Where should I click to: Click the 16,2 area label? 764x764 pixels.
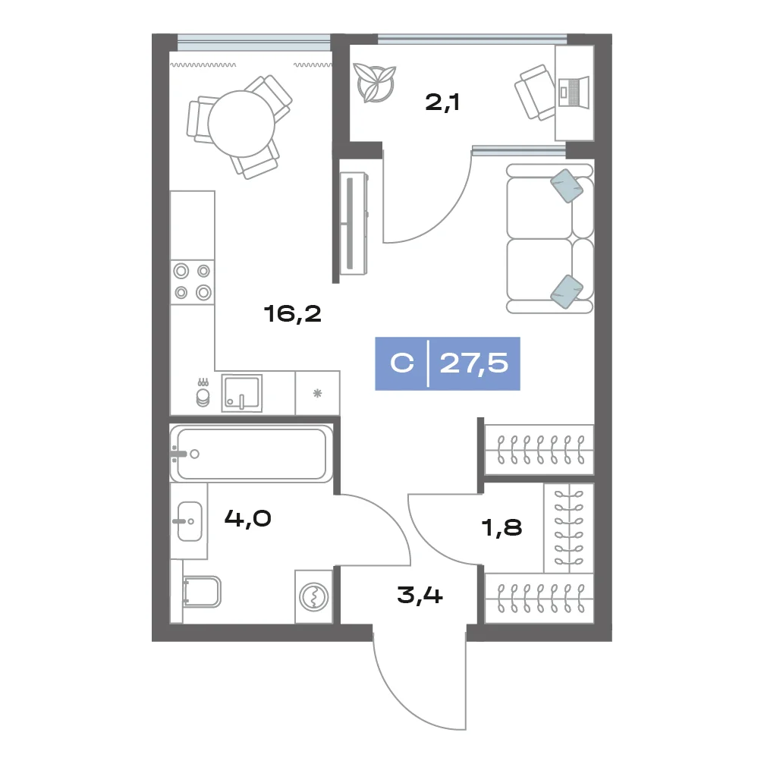point(292,314)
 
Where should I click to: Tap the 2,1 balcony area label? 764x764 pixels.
point(442,102)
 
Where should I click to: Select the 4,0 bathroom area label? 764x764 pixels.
point(247,518)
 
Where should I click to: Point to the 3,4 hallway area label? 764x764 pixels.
point(420,595)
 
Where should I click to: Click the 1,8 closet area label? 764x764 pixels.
point(501,527)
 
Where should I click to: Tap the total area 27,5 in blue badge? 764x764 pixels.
point(473,363)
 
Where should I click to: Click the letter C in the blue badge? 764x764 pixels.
point(402,363)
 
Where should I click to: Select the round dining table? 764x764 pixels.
point(241,124)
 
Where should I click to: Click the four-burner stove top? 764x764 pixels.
point(193,282)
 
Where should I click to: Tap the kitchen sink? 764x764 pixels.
point(242,393)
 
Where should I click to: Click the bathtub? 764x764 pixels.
point(251,454)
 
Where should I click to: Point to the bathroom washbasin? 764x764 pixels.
point(190,521)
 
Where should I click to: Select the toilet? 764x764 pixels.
point(201,592)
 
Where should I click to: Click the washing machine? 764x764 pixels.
point(314,597)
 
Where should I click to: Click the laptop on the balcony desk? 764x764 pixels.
point(574,91)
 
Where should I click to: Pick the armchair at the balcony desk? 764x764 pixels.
point(536,92)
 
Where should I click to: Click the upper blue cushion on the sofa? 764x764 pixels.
point(567,186)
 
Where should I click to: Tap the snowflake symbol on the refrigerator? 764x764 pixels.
point(317,393)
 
